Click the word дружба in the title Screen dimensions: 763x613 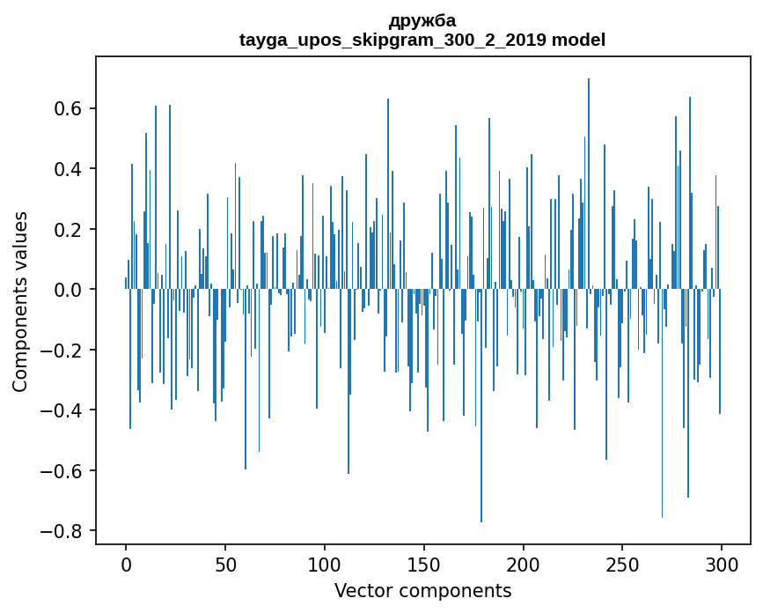[x=422, y=21]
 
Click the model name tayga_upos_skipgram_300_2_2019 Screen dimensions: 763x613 [x=393, y=40]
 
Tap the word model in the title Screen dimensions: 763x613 [x=578, y=40]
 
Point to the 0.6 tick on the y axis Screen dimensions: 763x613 [x=68, y=108]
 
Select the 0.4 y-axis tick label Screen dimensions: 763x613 [x=68, y=169]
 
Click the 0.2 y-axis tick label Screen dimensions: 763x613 [x=68, y=229]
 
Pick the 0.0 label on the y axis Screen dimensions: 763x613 [x=68, y=290]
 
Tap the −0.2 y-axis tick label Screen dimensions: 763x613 [x=62, y=350]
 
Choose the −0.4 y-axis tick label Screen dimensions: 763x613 [x=62, y=410]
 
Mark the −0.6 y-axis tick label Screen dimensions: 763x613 [x=62, y=471]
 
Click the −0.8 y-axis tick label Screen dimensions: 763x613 [x=62, y=531]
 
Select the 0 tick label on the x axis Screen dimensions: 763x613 [x=126, y=565]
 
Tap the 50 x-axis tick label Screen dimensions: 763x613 [x=225, y=565]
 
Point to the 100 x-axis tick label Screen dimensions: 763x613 [x=325, y=565]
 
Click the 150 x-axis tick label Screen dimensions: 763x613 [x=424, y=565]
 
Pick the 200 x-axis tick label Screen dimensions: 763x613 [x=523, y=565]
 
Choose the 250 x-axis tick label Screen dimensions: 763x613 [x=622, y=565]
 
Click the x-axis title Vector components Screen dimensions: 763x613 [x=422, y=591]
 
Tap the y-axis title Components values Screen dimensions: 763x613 [x=20, y=302]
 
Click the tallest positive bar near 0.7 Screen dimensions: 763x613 [x=588, y=183]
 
